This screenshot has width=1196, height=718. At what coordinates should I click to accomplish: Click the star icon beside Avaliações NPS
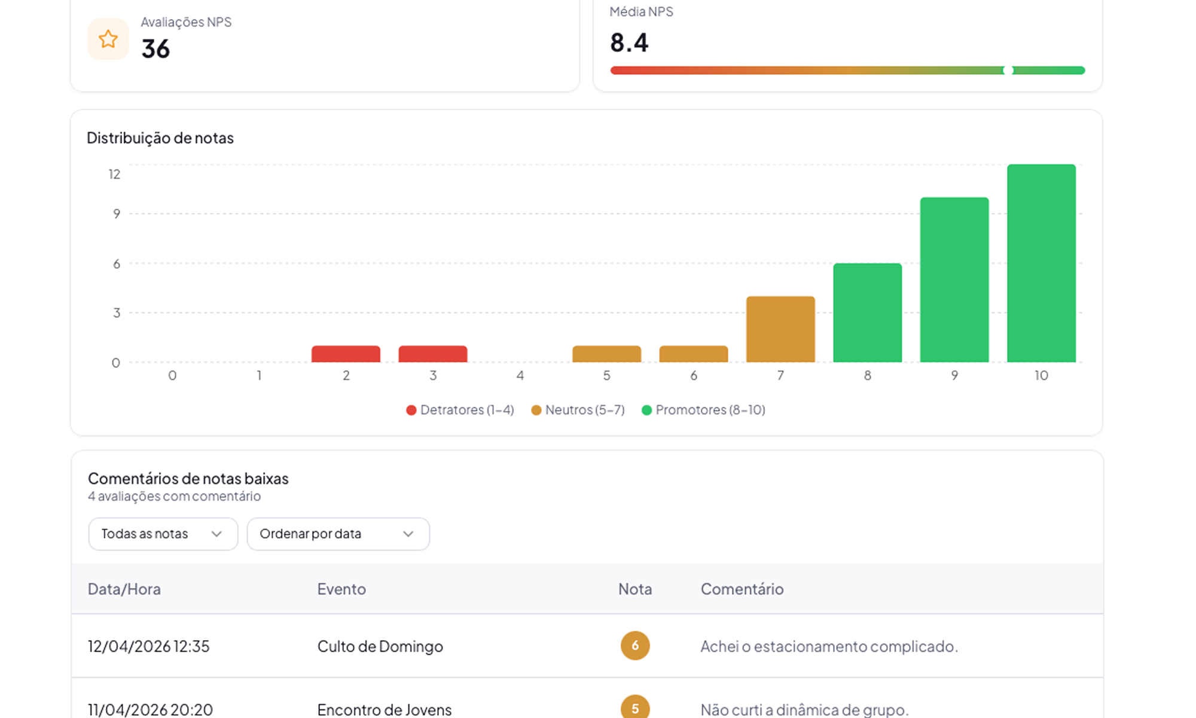point(108,39)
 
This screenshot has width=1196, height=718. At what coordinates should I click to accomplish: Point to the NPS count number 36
point(155,49)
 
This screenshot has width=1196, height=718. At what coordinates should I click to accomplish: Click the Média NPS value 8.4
point(629,43)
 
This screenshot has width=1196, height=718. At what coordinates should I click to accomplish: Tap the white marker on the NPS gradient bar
point(1008,71)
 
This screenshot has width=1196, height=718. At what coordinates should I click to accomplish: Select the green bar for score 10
point(1041,263)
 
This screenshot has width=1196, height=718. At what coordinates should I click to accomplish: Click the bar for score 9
point(954,279)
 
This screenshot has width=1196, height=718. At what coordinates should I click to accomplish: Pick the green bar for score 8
point(868,312)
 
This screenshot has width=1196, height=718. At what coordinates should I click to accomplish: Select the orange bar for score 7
point(780,329)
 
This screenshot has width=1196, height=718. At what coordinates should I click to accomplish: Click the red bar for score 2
point(346,354)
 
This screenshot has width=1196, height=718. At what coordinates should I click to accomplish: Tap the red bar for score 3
point(433,354)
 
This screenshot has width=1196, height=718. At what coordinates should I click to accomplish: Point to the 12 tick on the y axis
point(114,174)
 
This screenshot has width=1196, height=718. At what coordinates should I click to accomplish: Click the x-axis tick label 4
point(520,375)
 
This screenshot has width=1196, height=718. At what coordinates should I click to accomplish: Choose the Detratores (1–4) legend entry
point(460,410)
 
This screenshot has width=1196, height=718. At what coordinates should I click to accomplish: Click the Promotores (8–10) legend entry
point(703,410)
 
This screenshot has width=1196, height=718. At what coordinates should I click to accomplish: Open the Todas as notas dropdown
point(163,534)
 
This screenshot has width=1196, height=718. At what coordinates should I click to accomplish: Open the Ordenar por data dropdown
point(338,534)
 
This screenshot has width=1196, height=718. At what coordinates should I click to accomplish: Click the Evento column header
point(341,589)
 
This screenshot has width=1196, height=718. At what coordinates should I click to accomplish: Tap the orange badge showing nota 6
point(635,646)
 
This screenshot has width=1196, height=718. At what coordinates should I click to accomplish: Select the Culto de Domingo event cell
point(380,646)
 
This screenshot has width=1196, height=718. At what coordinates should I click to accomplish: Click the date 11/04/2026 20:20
point(150,710)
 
